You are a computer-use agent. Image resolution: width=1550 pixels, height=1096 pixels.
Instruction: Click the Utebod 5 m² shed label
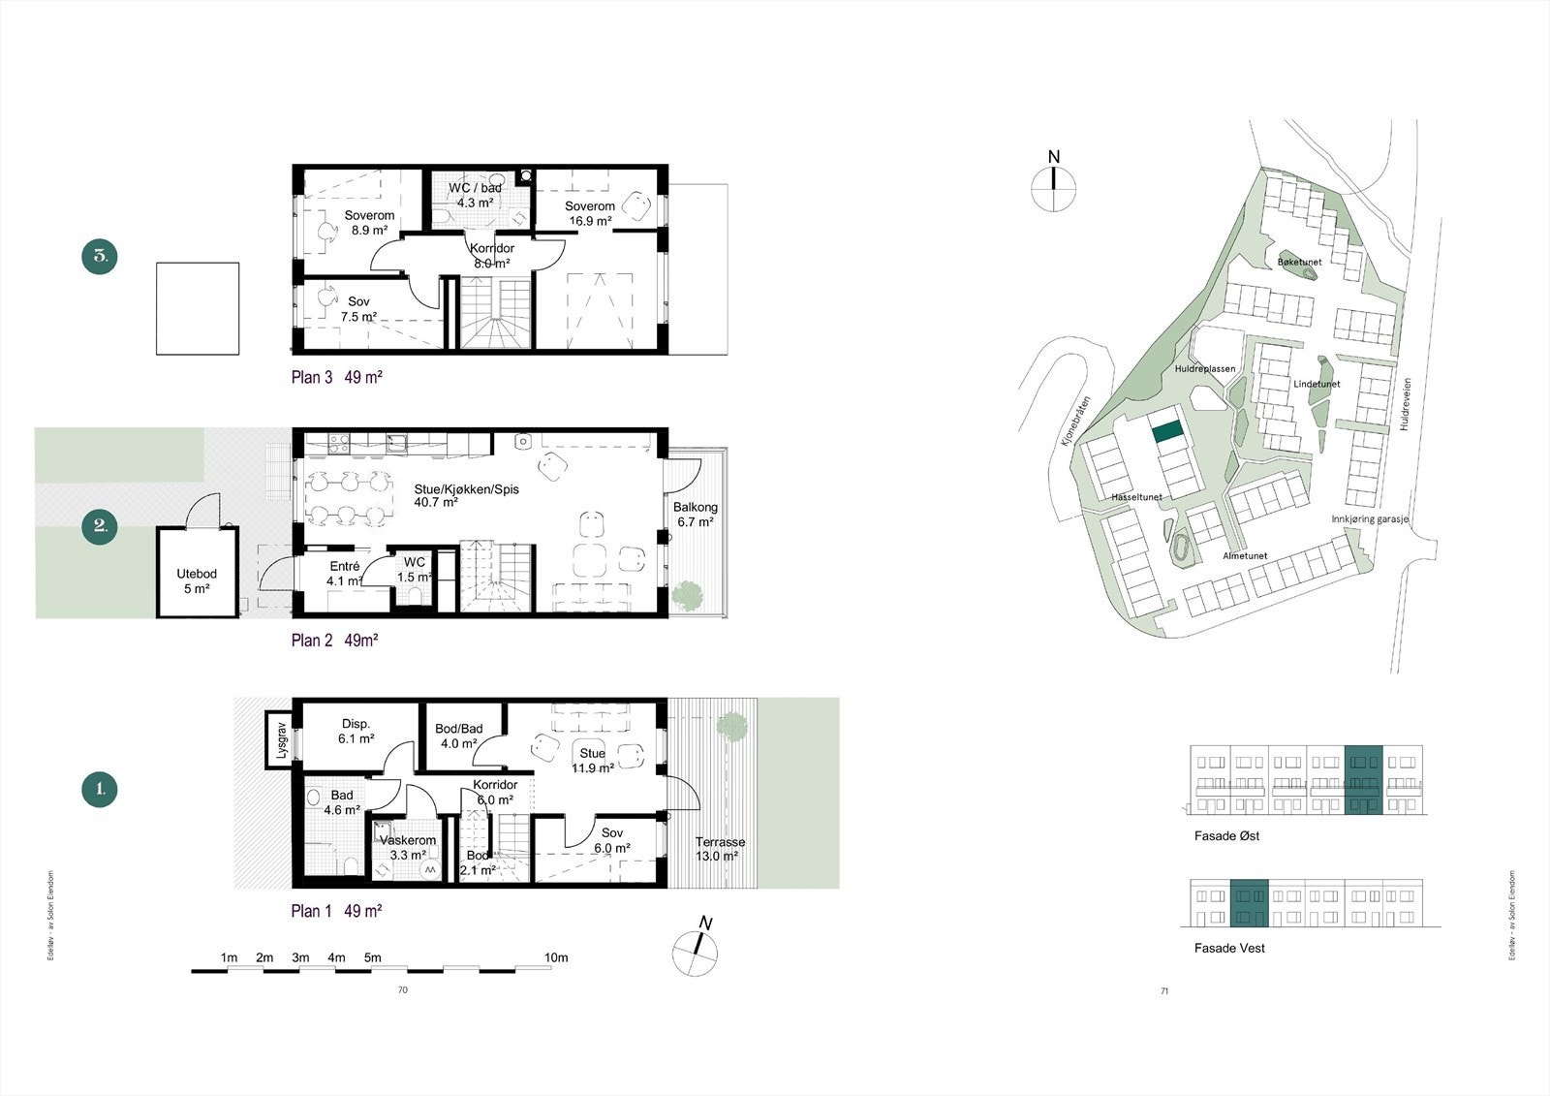(x=196, y=580)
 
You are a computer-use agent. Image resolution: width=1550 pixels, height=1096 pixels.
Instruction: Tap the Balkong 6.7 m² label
(x=696, y=515)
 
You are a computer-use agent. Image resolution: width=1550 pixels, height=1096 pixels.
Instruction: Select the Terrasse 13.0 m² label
(x=720, y=849)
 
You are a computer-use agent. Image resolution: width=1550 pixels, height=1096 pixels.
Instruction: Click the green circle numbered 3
(x=100, y=257)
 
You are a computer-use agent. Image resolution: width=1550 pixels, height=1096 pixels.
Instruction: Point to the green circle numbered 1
(x=100, y=789)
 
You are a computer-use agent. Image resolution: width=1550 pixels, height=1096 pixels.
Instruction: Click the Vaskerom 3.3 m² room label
(x=408, y=848)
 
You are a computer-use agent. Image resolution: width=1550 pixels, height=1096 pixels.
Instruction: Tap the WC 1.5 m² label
(x=415, y=570)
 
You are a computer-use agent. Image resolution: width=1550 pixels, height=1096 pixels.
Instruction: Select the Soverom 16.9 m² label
(x=590, y=213)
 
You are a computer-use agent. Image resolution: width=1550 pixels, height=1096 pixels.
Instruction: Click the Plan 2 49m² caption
(x=334, y=641)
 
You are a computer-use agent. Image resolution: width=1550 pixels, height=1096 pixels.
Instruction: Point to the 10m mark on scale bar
(x=556, y=957)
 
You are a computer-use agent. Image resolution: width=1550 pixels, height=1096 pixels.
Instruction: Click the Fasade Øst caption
(x=1226, y=835)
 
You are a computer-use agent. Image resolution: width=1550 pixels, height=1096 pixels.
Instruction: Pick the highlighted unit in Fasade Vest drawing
(x=1249, y=903)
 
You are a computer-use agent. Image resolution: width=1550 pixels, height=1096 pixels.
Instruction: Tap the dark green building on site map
(x=1168, y=431)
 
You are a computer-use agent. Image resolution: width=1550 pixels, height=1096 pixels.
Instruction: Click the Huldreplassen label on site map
(x=1204, y=369)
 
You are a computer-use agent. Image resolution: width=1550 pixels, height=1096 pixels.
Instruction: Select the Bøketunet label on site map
(x=1299, y=263)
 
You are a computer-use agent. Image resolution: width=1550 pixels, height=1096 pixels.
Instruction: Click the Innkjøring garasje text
(x=1370, y=519)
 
